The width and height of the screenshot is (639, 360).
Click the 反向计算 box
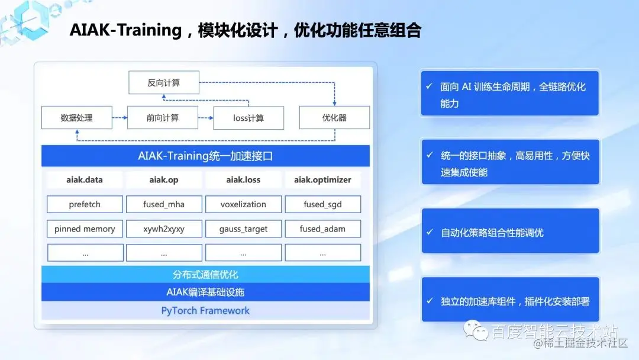click(164, 83)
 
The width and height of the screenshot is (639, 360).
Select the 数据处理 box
click(76, 118)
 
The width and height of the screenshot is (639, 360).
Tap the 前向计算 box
click(163, 118)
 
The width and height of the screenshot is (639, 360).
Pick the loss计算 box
click(248, 118)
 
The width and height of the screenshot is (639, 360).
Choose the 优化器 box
click(334, 118)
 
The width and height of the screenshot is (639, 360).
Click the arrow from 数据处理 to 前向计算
click(119, 118)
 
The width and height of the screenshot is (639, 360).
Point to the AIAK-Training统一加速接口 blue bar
click(205, 156)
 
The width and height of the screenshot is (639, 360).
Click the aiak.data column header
click(85, 179)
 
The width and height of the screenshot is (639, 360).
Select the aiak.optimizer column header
click(322, 179)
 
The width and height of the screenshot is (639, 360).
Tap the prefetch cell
click(85, 204)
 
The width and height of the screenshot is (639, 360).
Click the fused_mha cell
click(164, 204)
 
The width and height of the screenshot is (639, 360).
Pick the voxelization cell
click(243, 204)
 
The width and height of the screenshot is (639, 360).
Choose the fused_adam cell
click(322, 229)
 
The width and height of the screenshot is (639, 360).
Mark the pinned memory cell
click(85, 229)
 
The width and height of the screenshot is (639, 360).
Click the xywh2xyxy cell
click(164, 229)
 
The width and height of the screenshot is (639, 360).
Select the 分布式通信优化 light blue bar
click(205, 275)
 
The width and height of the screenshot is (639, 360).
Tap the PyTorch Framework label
click(205, 310)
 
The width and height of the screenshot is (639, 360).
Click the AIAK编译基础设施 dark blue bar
click(205, 292)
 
